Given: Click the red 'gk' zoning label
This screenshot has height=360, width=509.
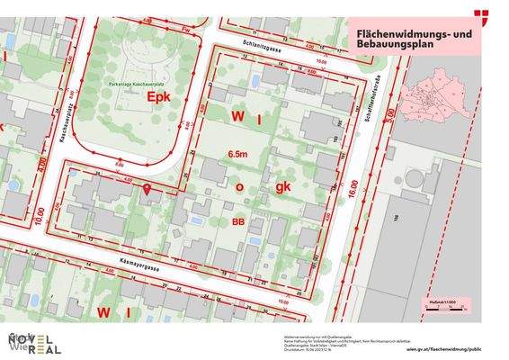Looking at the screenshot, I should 284,187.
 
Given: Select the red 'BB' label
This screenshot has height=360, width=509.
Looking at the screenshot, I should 238,220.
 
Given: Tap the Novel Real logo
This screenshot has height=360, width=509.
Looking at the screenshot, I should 34,342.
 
